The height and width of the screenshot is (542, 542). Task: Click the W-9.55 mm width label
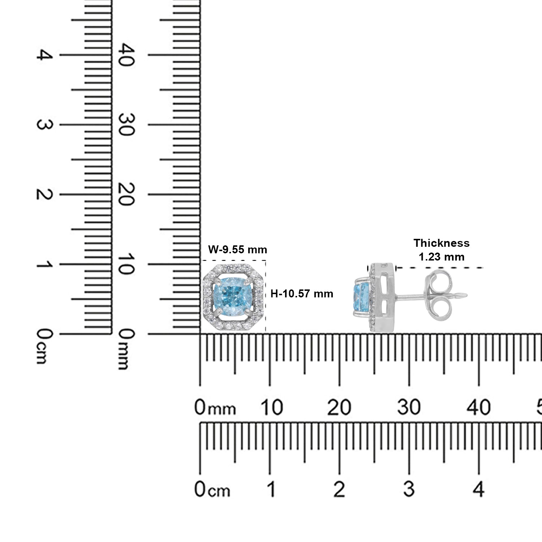(x=238, y=249)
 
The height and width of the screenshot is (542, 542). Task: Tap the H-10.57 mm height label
(x=302, y=294)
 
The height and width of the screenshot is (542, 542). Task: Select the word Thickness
(x=442, y=243)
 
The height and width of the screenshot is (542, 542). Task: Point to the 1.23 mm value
(x=442, y=257)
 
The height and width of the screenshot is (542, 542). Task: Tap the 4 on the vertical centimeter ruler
(x=45, y=55)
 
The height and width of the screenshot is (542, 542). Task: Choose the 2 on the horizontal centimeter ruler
(x=339, y=490)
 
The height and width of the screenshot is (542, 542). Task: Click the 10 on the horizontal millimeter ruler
(x=271, y=407)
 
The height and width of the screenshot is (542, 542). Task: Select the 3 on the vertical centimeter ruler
(x=45, y=125)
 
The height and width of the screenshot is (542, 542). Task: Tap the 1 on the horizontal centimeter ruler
(x=271, y=490)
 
